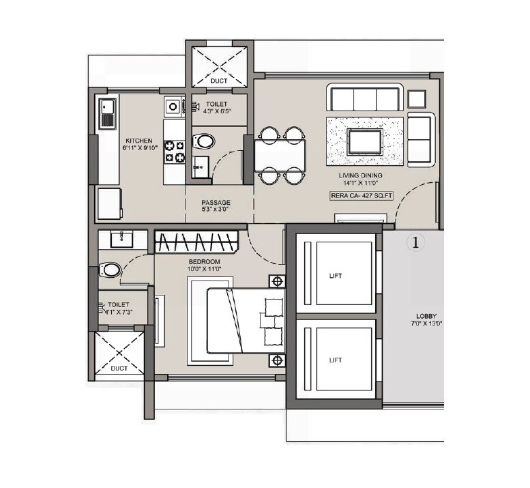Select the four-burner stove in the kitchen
pyautogui.click(x=175, y=151)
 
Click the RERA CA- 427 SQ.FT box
pyautogui.click(x=361, y=195)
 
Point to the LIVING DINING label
pyautogui.click(x=361, y=175)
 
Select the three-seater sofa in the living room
pyautogui.click(x=365, y=98)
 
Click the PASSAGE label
pyautogui.click(x=216, y=203)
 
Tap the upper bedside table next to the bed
pyautogui.click(x=277, y=281)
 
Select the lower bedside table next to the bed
pyautogui.click(x=277, y=360)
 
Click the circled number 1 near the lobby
pyautogui.click(x=414, y=242)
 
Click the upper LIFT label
pyautogui.click(x=334, y=276)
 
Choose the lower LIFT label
pyautogui.click(x=334, y=360)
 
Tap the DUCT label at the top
pyautogui.click(x=218, y=81)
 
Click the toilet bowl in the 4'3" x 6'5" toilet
pyautogui.click(x=203, y=142)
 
